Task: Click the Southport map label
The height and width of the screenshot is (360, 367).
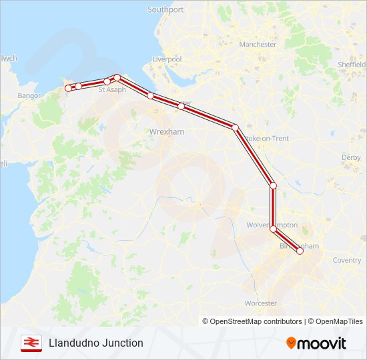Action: point(165,10)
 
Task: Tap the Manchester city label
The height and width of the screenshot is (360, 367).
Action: point(258,45)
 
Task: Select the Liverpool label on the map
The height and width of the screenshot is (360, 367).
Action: point(167,59)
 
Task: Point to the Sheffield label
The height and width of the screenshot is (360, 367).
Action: point(352,65)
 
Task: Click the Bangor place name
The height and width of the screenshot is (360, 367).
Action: point(29,96)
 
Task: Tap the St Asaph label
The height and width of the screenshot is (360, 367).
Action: point(111,89)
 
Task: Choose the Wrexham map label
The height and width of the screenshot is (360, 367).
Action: point(167,132)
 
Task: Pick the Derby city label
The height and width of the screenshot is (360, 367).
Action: point(351,157)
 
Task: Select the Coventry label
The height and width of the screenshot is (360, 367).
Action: point(347,260)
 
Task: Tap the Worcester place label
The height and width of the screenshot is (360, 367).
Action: point(261,303)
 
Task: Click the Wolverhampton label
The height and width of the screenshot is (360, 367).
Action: point(272,225)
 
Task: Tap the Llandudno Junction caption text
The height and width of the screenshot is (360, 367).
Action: point(95,343)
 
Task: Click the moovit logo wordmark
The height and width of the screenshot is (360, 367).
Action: point(316,343)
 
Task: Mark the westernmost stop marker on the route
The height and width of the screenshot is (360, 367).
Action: point(68,88)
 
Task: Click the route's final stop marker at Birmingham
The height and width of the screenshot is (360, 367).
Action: point(300,251)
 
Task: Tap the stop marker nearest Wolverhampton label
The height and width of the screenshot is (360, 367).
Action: point(273,229)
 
